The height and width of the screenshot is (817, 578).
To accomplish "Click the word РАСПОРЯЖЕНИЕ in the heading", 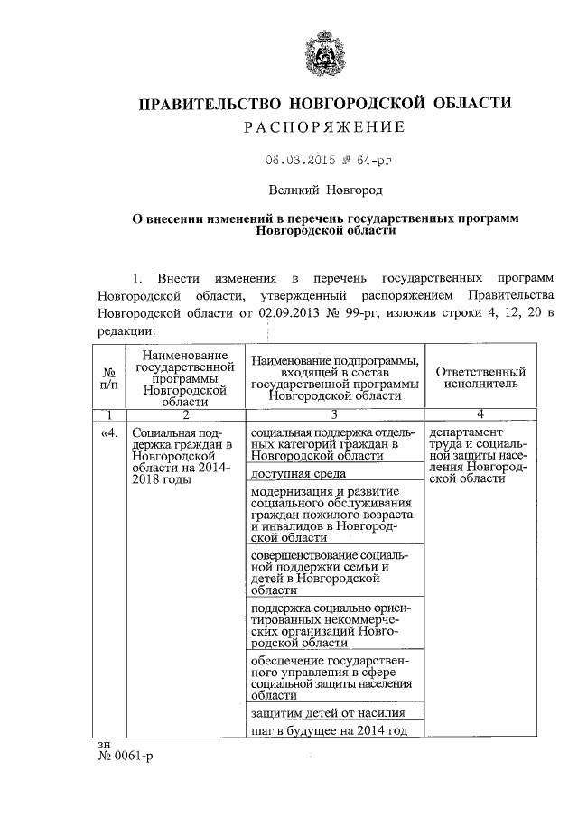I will point(323,127).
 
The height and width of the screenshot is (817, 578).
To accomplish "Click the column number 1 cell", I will point(108,414).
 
